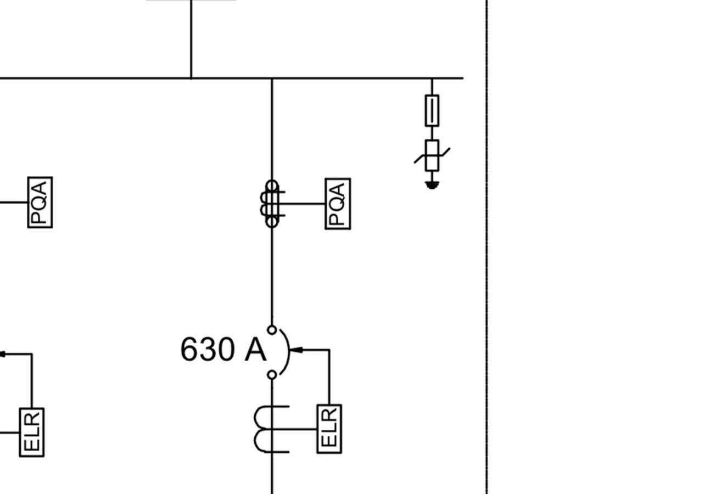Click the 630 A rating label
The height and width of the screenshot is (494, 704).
223,349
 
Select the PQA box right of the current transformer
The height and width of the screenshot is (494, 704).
338,204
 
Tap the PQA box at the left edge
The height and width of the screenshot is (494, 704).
40,202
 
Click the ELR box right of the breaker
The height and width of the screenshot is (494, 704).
329,429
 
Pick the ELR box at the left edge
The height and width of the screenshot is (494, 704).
32,432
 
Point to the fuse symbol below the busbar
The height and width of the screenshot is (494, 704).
432,110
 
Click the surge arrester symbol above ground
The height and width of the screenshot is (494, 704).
432,155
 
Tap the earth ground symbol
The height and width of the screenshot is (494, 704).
432,185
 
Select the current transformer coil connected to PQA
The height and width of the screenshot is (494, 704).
272,204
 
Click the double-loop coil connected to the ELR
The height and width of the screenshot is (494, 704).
269,429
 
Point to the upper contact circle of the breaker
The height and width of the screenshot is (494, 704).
272,330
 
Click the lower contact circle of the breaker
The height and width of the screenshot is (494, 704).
272,375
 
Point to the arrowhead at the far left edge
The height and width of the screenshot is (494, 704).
2,355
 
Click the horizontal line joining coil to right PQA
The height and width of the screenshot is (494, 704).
305,204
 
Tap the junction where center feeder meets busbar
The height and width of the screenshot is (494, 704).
272,78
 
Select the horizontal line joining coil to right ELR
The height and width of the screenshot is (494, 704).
302,429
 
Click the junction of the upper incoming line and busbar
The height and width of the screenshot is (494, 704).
191,78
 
